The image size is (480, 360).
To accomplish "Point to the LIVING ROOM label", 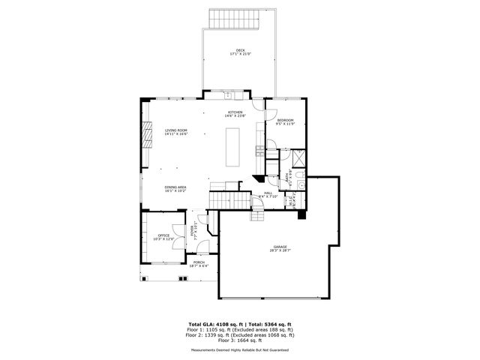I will point(176,132).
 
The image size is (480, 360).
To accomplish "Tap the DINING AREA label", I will point(175,189).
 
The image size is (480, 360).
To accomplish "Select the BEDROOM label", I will point(286,122).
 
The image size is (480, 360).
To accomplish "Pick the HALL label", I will point(268,193).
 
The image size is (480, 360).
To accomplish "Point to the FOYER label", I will point(193,230).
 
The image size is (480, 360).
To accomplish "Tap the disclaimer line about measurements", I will point(240,349).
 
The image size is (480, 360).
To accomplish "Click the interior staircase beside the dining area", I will point(229,202).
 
